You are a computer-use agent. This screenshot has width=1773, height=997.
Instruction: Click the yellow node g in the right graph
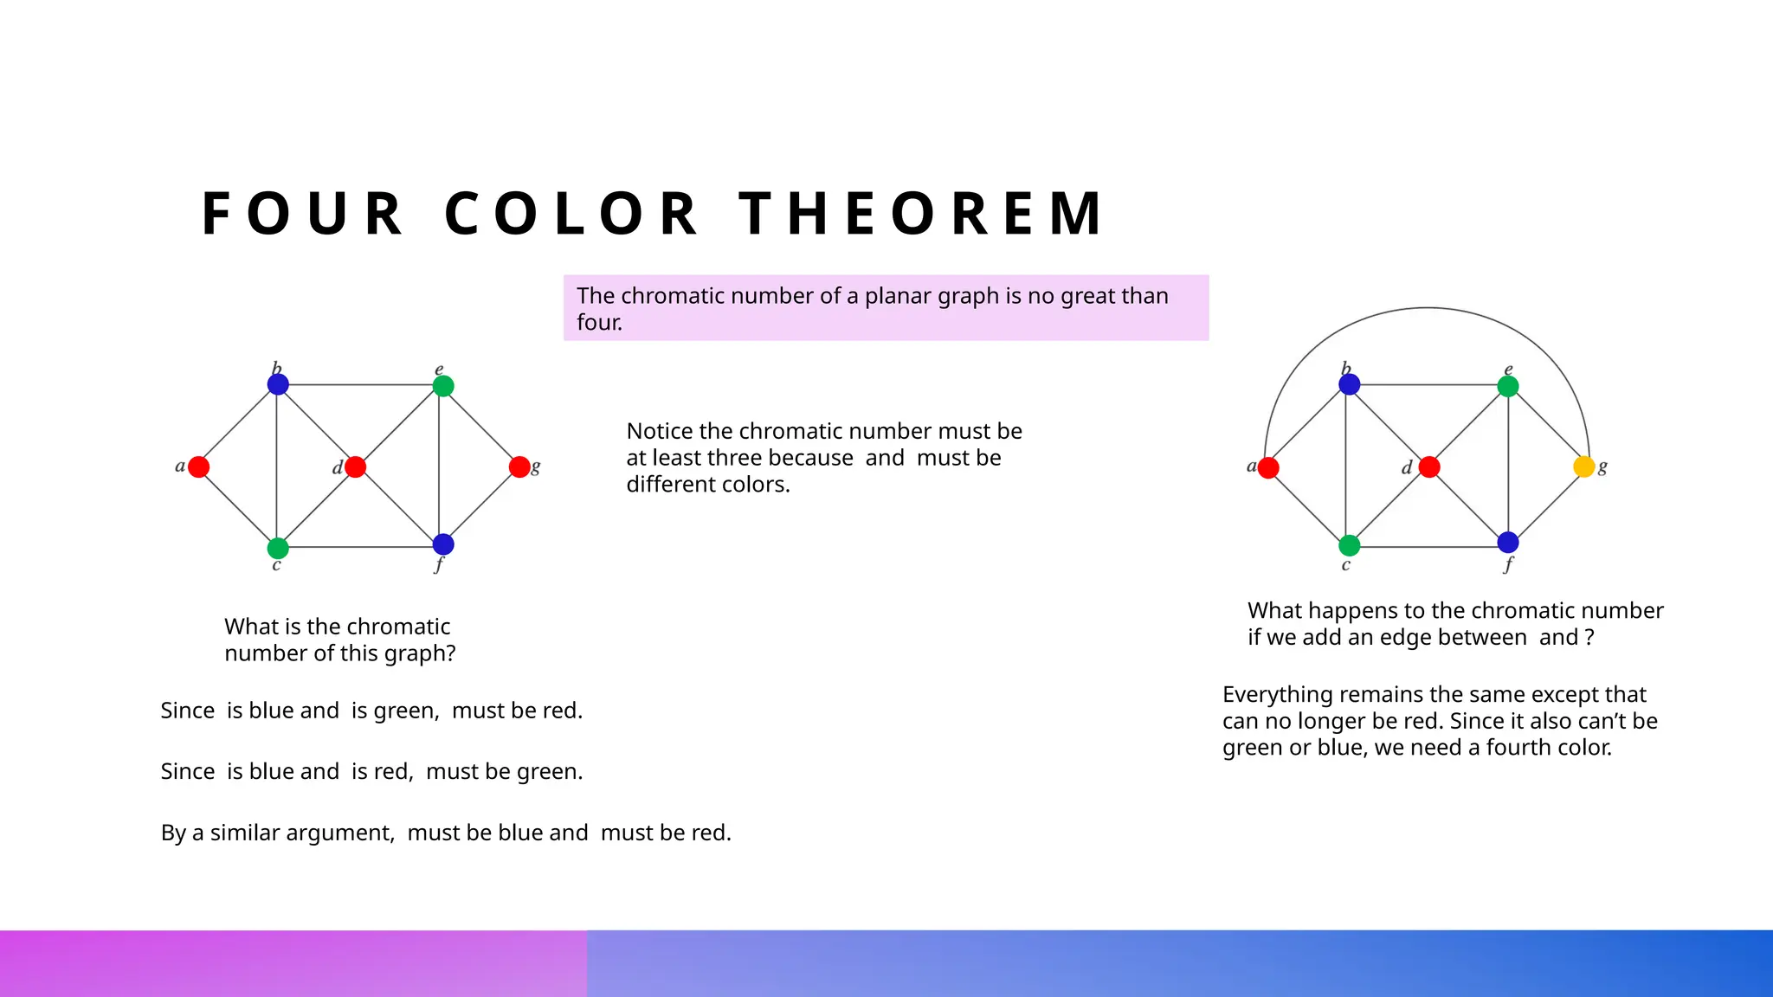pos(1583,466)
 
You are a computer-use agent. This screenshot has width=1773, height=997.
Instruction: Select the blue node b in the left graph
pos(278,384)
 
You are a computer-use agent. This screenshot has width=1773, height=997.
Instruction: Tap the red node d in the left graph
pos(355,467)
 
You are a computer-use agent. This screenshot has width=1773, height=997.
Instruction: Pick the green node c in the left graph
pos(278,548)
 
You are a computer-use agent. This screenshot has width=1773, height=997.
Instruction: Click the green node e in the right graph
pos(1508,386)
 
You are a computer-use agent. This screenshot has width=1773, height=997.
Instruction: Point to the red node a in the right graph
pos(1268,468)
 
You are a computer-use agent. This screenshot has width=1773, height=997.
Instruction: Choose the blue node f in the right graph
pos(1508,543)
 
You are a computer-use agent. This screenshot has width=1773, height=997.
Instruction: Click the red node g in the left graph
pos(519,467)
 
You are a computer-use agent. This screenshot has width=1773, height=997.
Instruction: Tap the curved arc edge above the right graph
pos(1427,308)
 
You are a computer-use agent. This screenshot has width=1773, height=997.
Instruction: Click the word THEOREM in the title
pos(922,214)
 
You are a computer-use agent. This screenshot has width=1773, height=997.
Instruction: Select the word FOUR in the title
pos(302,214)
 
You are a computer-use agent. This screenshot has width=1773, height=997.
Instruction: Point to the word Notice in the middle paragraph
pos(659,431)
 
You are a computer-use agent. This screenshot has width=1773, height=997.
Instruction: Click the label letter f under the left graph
pos(439,565)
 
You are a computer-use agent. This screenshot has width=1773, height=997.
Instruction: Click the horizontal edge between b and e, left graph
pos(360,384)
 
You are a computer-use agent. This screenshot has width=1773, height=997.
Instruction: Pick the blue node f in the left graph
pos(443,544)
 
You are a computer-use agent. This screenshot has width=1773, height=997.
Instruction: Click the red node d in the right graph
pos(1429,467)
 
